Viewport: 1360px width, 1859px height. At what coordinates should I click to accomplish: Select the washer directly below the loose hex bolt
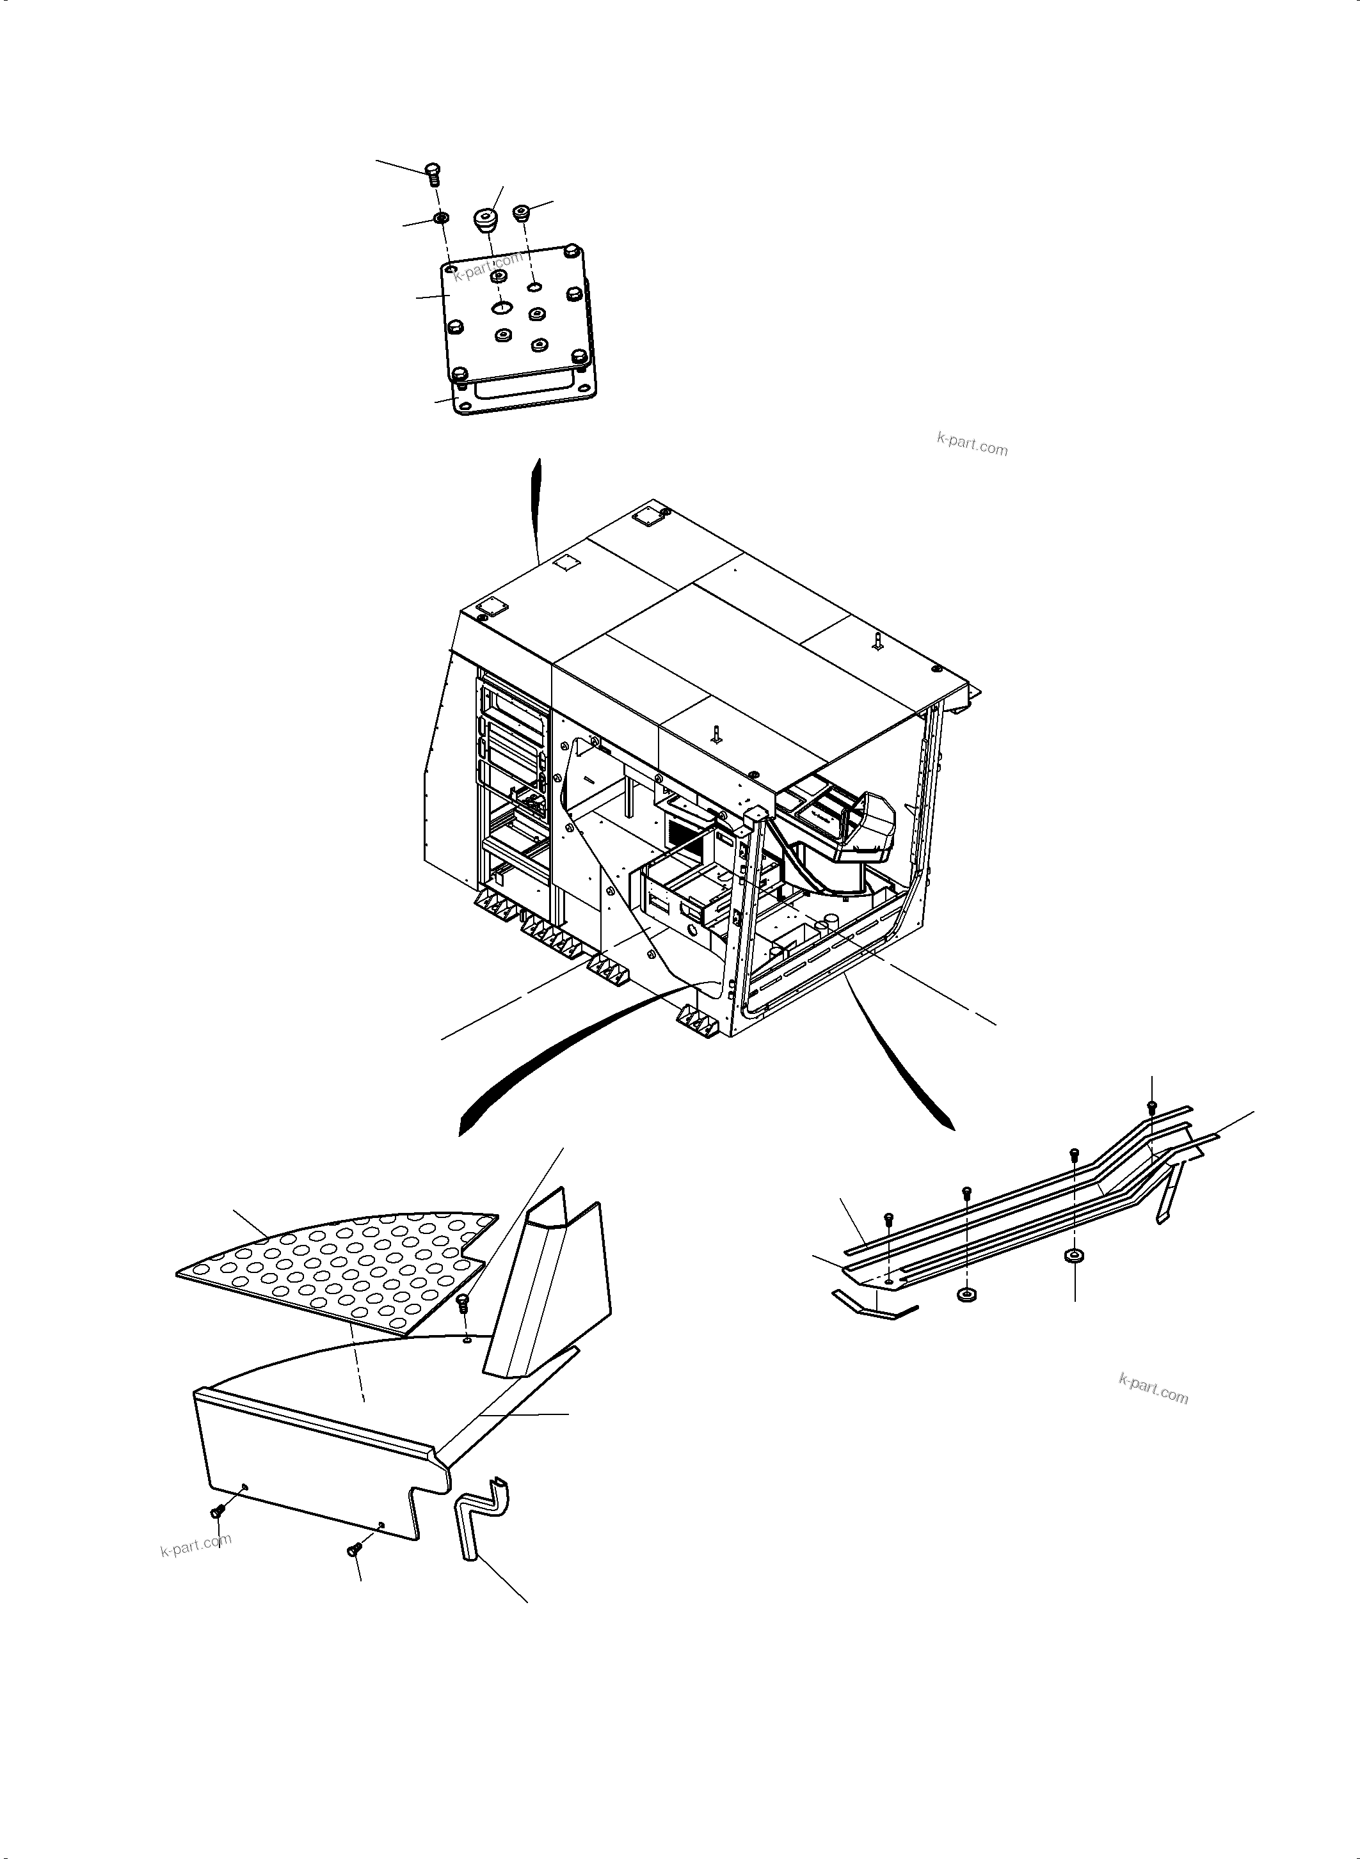(440, 218)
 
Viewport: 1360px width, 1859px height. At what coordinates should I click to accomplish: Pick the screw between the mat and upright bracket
(463, 1302)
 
